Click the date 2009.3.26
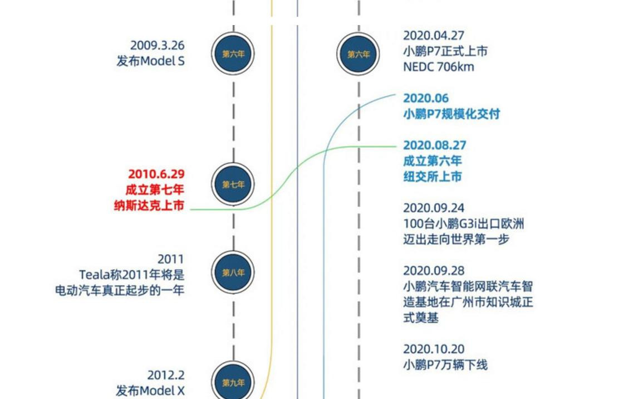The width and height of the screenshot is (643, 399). coord(158,45)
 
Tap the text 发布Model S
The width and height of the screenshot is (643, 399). coord(150,61)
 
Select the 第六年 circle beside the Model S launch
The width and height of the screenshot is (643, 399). coord(233,53)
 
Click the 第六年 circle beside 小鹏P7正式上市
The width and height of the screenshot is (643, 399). coord(358,54)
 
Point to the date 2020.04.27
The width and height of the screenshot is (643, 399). coord(434,36)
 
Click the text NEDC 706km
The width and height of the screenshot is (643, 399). coord(438,67)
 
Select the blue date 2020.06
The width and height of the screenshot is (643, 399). coord(426,99)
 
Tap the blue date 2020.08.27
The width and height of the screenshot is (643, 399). coord(435,145)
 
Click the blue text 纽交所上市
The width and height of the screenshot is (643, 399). coord(432,177)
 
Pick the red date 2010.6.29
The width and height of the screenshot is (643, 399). coord(156,174)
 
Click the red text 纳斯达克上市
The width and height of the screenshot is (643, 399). coord(149,205)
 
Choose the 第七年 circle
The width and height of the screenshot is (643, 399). coord(233,184)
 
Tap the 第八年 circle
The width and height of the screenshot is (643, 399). coord(233,272)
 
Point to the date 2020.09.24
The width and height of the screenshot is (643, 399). coord(434,208)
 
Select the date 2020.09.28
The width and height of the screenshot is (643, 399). coord(434,271)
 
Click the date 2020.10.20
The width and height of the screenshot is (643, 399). coord(434,349)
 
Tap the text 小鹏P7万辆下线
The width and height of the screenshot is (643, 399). coord(445,365)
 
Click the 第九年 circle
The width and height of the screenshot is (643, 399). coord(233,382)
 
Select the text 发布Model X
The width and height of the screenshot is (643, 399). coord(150,391)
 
